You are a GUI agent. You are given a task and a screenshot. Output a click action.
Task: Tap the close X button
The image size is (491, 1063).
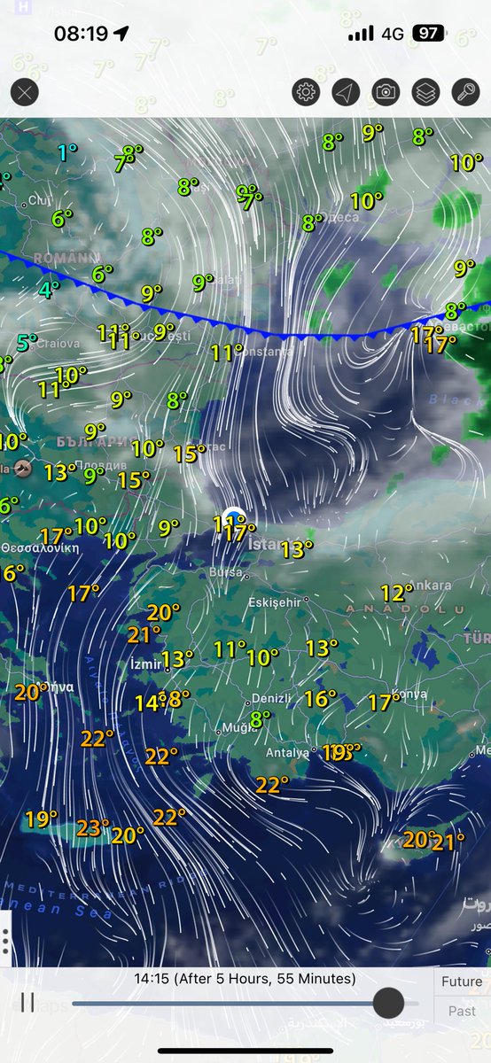pos(24,91)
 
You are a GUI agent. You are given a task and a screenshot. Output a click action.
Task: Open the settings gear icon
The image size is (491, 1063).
pos(307,91)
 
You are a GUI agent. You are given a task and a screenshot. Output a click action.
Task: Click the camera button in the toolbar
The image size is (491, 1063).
pos(386,91)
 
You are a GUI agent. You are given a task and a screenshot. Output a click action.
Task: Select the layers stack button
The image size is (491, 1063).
pos(425,91)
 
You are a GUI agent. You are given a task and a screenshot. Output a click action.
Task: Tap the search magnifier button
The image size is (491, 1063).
pos(465,91)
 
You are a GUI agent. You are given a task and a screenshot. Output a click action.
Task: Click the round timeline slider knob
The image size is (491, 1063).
pos(388,1003)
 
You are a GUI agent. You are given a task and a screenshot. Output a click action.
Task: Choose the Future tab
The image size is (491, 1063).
pos(462,982)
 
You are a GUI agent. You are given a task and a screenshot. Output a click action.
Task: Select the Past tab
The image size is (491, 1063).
pos(462,1011)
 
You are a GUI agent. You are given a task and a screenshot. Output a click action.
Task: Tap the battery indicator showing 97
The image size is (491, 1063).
pos(429,34)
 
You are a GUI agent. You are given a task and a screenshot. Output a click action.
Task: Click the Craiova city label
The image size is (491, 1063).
pos(58,342)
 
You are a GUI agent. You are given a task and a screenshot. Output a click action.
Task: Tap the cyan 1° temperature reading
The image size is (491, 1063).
pos(67,152)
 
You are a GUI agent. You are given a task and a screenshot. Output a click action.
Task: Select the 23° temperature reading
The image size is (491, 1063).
pos(92,828)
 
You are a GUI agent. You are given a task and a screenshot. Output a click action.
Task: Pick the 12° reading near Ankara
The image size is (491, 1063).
pos(395,593)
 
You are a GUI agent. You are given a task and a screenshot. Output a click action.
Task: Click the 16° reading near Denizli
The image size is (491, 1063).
pos(320,699)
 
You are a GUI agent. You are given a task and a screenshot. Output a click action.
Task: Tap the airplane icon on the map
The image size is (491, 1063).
pos(23,468)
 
